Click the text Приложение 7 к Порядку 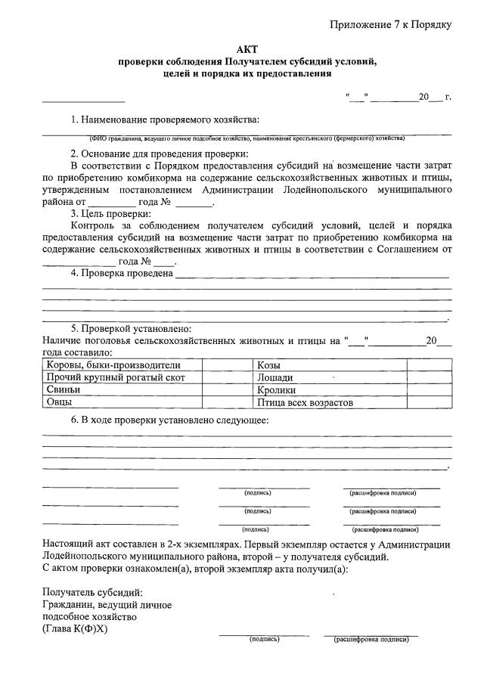tap(390, 25)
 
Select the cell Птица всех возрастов tap(306, 402)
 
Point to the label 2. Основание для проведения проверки tap(160, 153)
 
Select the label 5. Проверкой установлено tap(131, 329)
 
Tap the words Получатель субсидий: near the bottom tap(92, 592)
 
